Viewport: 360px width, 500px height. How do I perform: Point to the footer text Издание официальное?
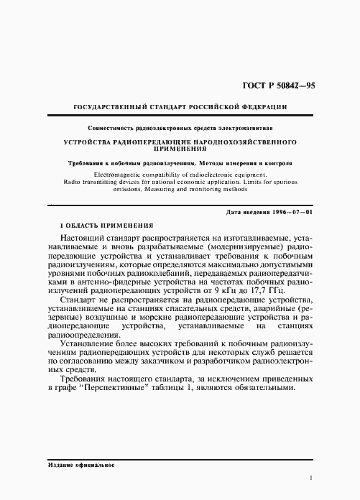78,466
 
